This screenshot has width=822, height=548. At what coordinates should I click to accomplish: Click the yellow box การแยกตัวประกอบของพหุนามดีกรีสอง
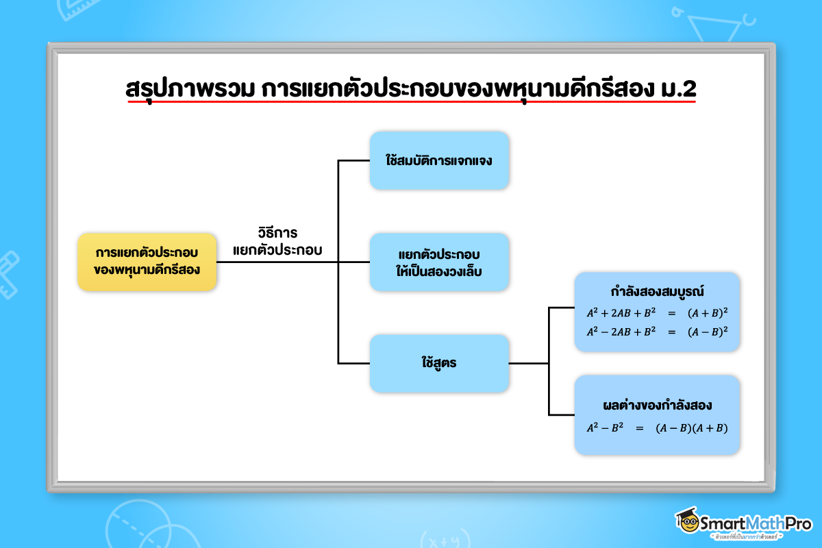tap(147, 262)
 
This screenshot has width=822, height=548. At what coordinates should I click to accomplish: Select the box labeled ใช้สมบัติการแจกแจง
tap(439, 160)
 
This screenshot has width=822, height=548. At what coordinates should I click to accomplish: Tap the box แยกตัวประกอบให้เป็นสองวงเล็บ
tap(439, 262)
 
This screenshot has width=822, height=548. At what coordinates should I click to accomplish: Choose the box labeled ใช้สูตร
tap(439, 363)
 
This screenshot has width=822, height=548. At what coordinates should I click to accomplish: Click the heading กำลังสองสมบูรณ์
tap(657, 292)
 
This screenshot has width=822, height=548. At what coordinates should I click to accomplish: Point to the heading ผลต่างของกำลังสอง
tap(657, 406)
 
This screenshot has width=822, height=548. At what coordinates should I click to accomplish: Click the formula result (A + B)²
tap(708, 313)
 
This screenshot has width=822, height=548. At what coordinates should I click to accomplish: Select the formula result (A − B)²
tap(708, 332)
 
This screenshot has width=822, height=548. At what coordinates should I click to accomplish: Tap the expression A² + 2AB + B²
tap(621, 313)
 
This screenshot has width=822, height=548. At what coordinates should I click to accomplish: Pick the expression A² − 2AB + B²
tap(621, 332)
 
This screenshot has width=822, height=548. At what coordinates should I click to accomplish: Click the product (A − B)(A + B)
tap(691, 428)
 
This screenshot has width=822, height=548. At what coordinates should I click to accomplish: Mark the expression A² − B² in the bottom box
tap(605, 427)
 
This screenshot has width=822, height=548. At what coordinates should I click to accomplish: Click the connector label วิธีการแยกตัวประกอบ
tap(277, 242)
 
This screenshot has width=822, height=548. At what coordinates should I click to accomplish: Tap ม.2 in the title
tap(678, 89)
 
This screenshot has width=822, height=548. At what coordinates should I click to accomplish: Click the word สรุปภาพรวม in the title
tap(190, 89)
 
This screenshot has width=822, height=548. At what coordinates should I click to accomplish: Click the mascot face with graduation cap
tap(688, 521)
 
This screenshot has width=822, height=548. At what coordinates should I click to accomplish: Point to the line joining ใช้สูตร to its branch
tap(528, 363)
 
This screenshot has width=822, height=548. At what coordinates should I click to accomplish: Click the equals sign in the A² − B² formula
tap(640, 428)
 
